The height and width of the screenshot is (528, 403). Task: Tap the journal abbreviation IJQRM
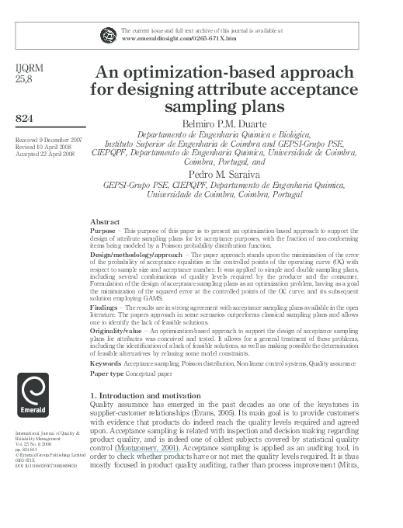click(30, 68)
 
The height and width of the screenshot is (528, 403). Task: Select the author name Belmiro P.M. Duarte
click(225, 122)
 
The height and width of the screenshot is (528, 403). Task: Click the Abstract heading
click(105, 222)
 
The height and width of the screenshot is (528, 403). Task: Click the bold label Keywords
click(106, 363)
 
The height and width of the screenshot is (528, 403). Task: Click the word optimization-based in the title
click(205, 73)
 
